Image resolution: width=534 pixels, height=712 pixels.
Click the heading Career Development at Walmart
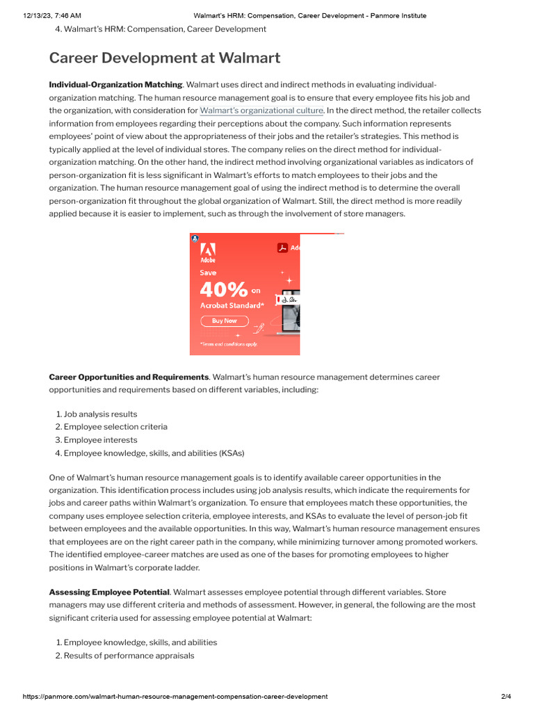[164, 58]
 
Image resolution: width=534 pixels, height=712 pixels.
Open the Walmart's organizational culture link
[261, 111]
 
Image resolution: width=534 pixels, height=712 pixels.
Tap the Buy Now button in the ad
[224, 321]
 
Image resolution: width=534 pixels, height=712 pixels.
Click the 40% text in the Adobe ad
[224, 289]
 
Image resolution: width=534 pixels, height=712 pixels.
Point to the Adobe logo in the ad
[208, 252]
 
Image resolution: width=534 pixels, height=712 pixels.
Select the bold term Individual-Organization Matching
[115, 84]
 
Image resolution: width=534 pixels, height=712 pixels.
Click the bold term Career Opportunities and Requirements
[129, 377]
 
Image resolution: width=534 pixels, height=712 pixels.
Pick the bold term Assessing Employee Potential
[109, 592]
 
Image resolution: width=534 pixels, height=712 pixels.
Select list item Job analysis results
[100, 414]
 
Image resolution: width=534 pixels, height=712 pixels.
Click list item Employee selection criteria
[115, 427]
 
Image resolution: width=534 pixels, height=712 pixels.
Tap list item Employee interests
[100, 440]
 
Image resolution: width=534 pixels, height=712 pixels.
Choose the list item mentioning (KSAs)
[154, 453]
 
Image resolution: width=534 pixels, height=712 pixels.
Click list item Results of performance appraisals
[129, 656]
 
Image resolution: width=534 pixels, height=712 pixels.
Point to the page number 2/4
[505, 696]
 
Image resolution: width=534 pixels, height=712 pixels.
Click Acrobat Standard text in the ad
[232, 305]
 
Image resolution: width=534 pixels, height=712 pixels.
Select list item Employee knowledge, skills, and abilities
[140, 642]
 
